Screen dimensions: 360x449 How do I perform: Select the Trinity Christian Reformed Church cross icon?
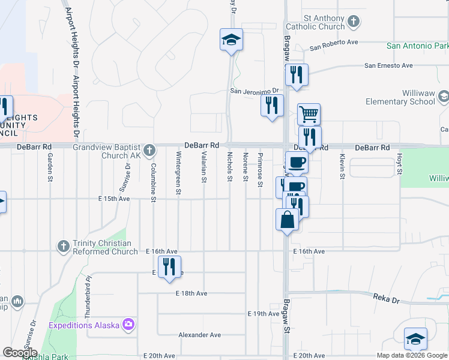click(64, 246)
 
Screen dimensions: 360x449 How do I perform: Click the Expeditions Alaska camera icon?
click(128, 325)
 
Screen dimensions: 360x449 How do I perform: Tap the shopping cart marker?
click(309, 113)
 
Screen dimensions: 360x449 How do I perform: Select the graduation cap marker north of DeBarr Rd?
click(231, 40)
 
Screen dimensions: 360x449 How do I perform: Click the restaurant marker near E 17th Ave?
click(169, 267)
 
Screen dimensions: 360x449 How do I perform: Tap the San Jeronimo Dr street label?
click(256, 91)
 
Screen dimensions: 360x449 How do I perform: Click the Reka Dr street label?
click(382, 297)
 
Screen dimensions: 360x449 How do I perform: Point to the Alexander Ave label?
click(199, 335)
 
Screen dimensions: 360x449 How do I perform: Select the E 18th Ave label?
click(191, 293)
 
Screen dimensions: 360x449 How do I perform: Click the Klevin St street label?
click(342, 166)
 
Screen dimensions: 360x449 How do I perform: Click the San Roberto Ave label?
click(334, 43)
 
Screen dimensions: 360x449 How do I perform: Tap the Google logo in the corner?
click(20, 353)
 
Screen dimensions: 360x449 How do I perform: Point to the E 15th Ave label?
click(115, 199)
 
